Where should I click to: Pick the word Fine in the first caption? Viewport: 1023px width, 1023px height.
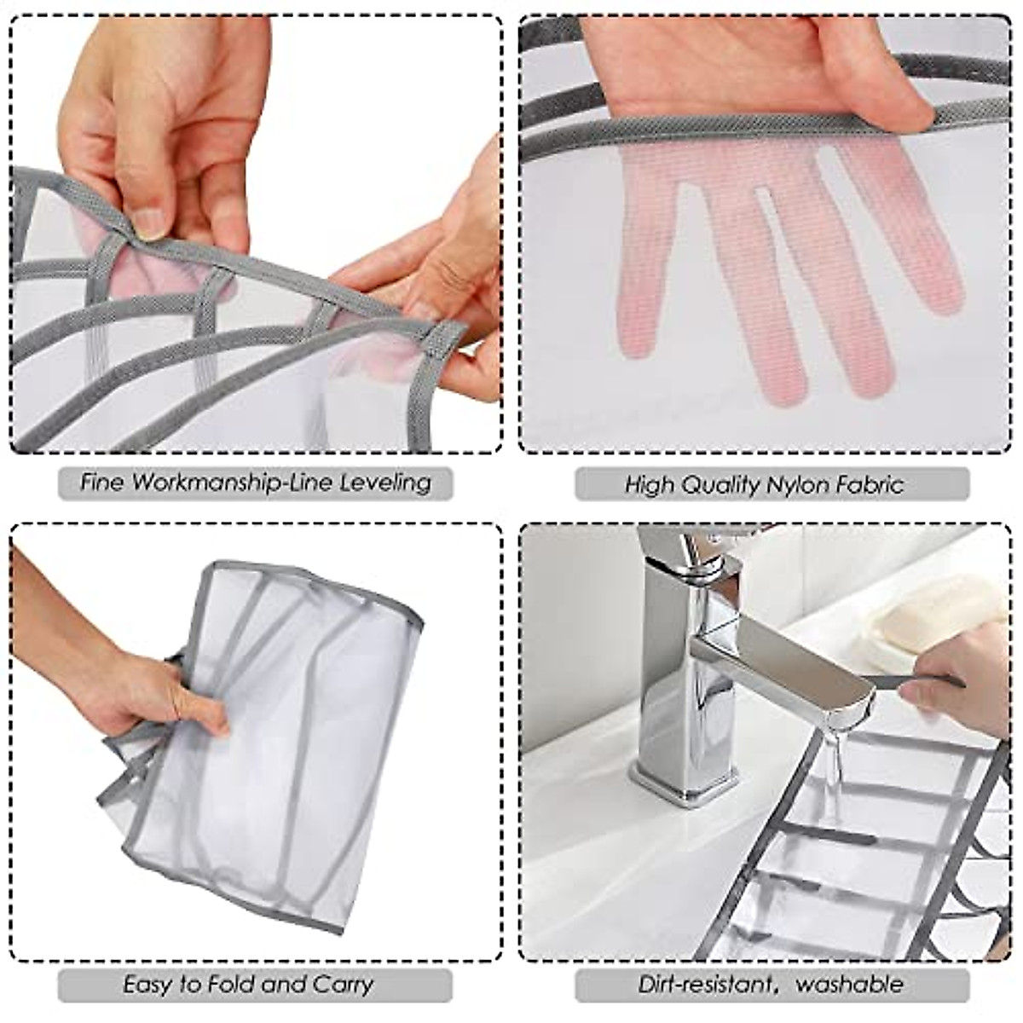coord(101,483)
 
